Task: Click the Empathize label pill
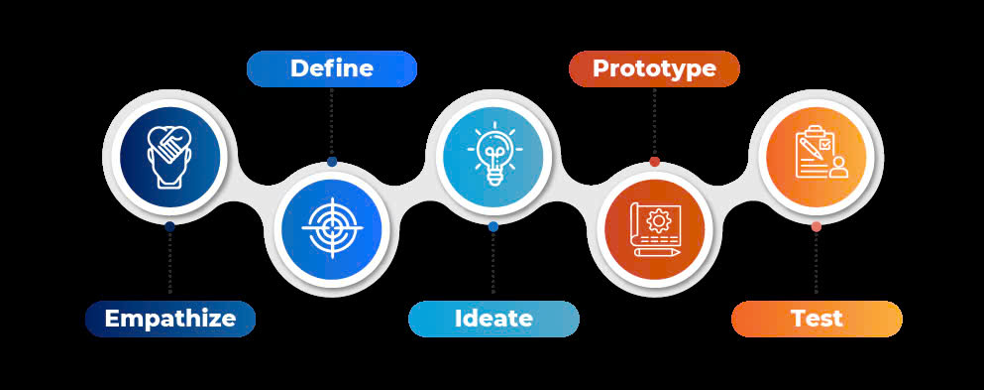tap(169, 319)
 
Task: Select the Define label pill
tap(331, 68)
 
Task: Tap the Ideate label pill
tap(493, 319)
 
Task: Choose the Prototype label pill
tap(654, 68)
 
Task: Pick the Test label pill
tap(817, 319)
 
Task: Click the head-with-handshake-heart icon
tap(169, 155)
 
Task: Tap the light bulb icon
tap(493, 155)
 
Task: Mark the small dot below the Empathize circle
tap(169, 226)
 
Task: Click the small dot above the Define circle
tap(332, 162)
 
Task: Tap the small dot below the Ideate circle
tap(493, 226)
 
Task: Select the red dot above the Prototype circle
tap(654, 162)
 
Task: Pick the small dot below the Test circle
tap(817, 226)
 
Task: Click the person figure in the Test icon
tap(839, 167)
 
